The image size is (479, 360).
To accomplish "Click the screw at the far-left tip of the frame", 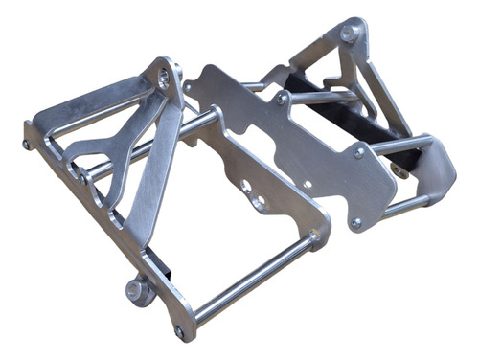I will [26, 145].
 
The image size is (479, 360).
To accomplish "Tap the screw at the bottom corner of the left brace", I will [179, 331].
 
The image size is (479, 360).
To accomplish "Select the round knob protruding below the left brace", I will [137, 290].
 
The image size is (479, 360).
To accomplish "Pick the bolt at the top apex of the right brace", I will [348, 34].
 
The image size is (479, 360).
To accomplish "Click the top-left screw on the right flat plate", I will [282, 98].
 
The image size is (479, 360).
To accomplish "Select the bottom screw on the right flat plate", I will [355, 223].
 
